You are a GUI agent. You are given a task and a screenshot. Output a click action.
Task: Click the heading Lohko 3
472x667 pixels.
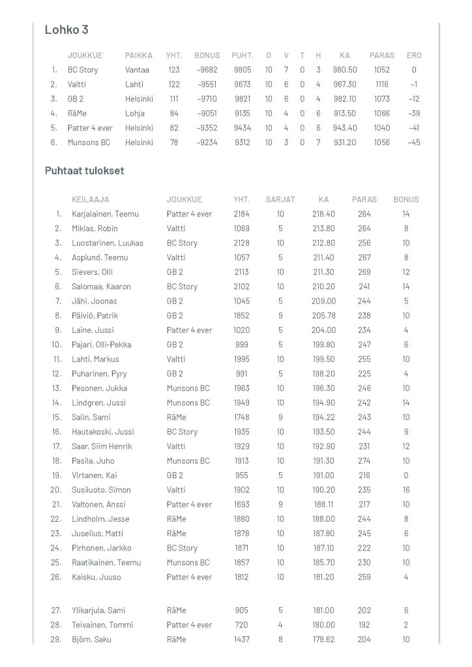click(x=66, y=30)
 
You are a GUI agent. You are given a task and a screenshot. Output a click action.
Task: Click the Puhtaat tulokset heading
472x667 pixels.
click(x=84, y=171)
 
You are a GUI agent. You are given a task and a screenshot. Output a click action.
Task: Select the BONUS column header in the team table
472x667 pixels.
click(x=207, y=55)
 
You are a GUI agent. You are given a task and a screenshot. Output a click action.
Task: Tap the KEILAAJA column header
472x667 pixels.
click(x=91, y=199)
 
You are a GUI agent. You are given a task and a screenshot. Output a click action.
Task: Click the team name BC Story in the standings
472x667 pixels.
click(x=83, y=70)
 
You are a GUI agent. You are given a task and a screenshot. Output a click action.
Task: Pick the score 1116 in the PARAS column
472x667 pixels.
click(x=381, y=84)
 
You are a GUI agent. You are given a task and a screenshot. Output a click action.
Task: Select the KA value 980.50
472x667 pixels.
click(x=345, y=70)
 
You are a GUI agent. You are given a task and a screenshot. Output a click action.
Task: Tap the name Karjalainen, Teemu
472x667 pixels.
click(x=105, y=214)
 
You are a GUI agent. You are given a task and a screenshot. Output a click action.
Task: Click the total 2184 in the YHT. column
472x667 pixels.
click(x=241, y=214)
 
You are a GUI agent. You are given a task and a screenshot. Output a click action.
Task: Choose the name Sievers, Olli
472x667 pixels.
click(x=92, y=272)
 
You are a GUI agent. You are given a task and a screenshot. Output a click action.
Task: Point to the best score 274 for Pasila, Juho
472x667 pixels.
click(x=364, y=461)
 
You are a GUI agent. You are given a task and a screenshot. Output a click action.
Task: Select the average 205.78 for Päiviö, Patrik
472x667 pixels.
click(x=324, y=315)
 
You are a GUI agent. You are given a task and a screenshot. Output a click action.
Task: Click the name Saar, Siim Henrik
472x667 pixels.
click(x=102, y=446)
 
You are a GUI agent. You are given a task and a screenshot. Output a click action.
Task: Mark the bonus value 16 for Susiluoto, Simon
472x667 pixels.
click(x=406, y=490)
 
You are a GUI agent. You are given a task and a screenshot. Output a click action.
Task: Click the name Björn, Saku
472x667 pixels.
click(x=91, y=640)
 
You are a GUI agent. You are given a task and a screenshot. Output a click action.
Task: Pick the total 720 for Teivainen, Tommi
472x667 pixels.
click(x=241, y=625)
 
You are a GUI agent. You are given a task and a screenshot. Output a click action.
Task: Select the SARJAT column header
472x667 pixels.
click(x=280, y=199)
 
